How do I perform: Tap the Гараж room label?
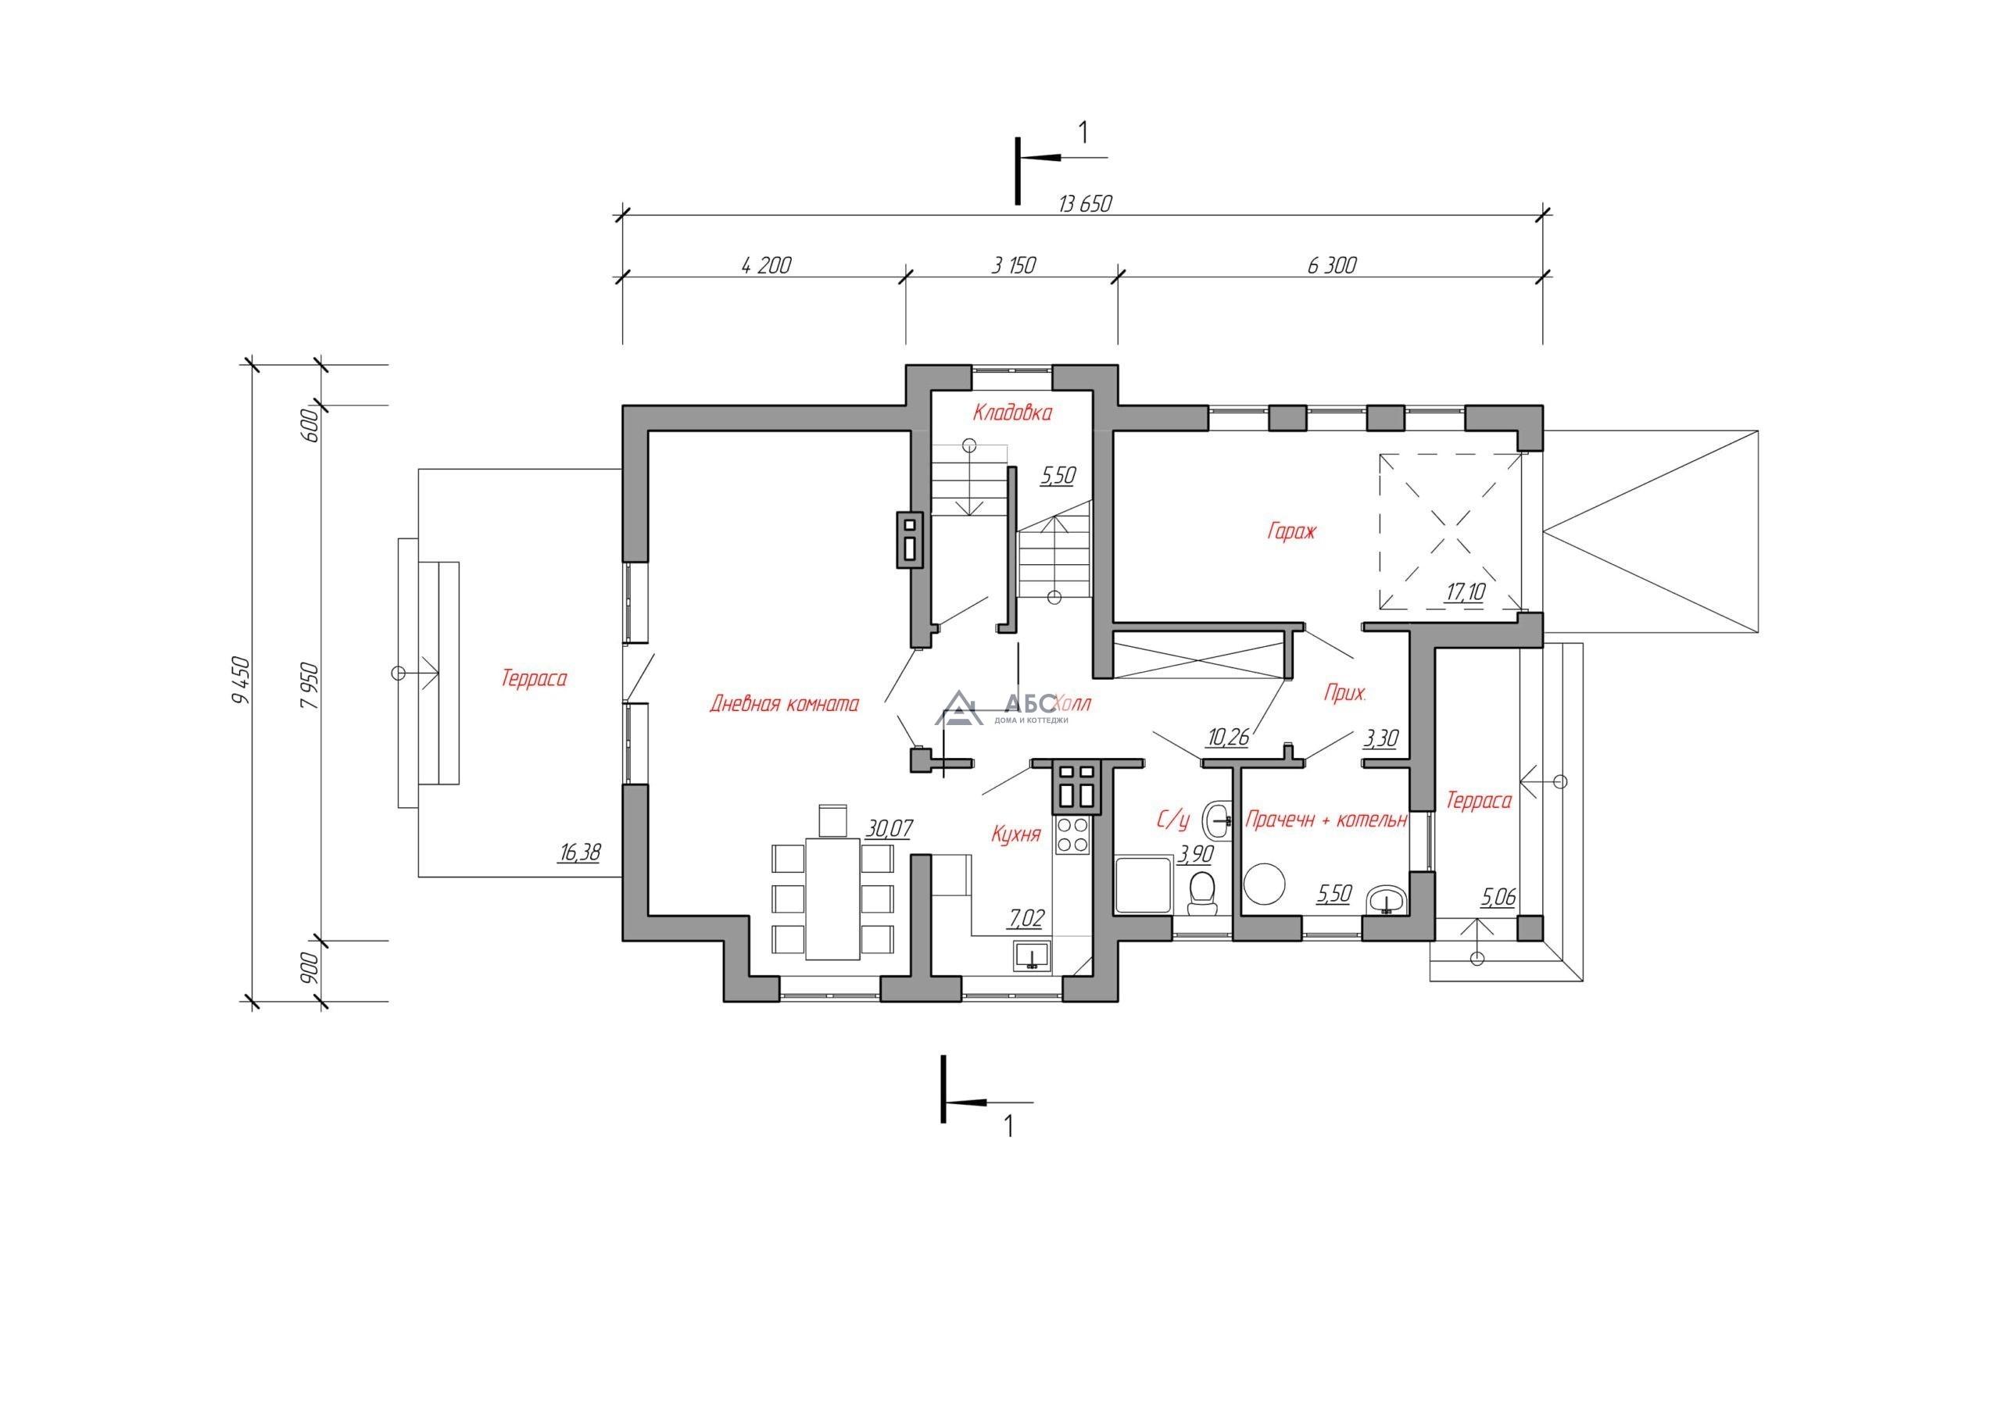(x=1290, y=531)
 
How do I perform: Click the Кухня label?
(x=1016, y=834)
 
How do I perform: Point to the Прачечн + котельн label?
(x=1326, y=820)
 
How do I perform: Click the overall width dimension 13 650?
(x=1085, y=204)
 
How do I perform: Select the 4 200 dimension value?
(x=766, y=265)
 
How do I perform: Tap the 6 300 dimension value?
(x=1332, y=265)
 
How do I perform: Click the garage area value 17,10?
(x=1465, y=592)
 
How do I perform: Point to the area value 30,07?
(x=889, y=827)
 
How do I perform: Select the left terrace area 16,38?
(x=579, y=852)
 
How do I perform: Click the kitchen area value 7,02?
(x=1026, y=917)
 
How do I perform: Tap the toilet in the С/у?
(x=1203, y=892)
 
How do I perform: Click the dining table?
(x=833, y=899)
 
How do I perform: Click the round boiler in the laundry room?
(x=1264, y=883)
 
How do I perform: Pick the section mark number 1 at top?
(x=1083, y=133)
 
